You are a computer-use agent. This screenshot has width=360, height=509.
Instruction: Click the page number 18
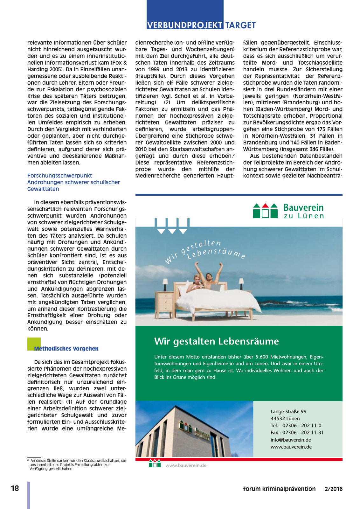[x=15, y=488]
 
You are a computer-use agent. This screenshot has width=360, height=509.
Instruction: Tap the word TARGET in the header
[x=240, y=25]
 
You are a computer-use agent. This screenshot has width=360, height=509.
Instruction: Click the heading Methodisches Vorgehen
[x=66, y=349]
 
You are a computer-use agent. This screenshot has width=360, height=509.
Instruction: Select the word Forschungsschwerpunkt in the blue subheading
[x=59, y=176]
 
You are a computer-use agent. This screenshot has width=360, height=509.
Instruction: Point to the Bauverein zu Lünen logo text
[x=303, y=211]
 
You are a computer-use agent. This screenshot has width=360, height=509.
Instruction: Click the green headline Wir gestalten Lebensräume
[x=216, y=341]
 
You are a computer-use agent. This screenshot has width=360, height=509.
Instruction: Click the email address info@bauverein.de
[x=291, y=440]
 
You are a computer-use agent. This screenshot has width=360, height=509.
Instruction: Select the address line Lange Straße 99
[x=288, y=412]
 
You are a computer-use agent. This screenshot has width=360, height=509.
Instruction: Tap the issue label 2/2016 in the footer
[x=333, y=489]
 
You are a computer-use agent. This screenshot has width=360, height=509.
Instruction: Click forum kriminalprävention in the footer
[x=279, y=489]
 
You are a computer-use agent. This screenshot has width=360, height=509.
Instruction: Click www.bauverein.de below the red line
[x=186, y=465]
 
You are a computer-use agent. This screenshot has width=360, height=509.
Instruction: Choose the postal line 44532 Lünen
[x=285, y=419]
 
